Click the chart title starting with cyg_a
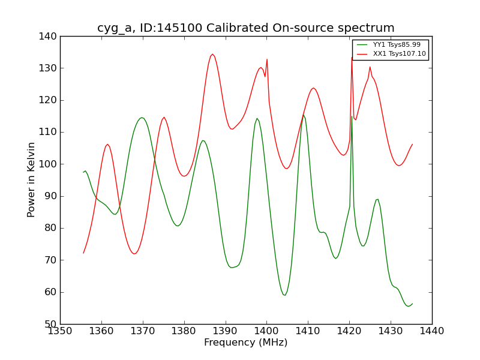[246, 28]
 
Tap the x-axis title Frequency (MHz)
[246, 343]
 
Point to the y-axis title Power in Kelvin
[32, 180]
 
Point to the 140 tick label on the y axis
[50, 37]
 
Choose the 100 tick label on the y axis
[50, 164]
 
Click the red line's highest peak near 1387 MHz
[212, 55]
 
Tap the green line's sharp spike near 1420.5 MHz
[352, 116]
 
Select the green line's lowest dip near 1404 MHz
[284, 295]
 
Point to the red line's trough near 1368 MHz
[134, 254]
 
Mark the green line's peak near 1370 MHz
[142, 118]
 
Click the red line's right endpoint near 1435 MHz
[412, 144]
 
